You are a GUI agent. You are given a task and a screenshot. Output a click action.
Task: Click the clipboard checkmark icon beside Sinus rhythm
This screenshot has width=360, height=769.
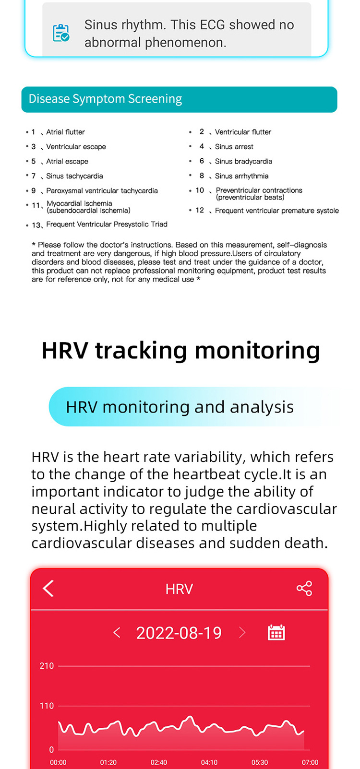[61, 33]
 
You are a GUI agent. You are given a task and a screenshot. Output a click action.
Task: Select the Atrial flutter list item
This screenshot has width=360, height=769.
[65, 132]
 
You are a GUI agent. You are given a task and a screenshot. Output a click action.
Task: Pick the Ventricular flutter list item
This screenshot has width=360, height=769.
[243, 132]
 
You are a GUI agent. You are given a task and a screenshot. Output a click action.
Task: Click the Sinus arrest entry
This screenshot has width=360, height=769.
[234, 147]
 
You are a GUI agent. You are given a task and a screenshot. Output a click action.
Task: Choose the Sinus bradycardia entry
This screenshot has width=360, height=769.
[243, 161]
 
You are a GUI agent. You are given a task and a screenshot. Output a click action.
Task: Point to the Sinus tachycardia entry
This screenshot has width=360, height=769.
[74, 176]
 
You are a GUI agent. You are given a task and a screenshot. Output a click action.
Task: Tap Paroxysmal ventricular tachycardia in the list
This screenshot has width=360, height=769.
[102, 190]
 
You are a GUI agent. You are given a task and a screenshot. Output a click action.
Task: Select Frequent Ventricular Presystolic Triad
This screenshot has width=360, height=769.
[107, 224]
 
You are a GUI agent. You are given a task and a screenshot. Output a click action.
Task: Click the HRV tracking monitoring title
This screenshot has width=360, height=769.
[180, 350]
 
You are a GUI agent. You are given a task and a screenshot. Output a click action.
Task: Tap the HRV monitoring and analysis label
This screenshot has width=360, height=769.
[180, 407]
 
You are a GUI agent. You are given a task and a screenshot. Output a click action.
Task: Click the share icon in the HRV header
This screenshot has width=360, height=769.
[304, 588]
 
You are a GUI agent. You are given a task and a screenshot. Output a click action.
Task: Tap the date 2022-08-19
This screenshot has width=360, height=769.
[179, 633]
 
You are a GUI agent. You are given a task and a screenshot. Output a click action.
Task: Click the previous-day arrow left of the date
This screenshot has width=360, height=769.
[117, 633]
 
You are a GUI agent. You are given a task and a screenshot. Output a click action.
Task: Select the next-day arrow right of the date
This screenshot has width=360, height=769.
[242, 633]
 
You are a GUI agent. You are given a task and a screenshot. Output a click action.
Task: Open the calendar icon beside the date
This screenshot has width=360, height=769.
[276, 633]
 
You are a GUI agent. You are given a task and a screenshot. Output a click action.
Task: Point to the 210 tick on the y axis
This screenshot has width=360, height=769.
[47, 666]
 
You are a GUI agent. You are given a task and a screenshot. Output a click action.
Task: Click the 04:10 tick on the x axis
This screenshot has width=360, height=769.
[209, 762]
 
